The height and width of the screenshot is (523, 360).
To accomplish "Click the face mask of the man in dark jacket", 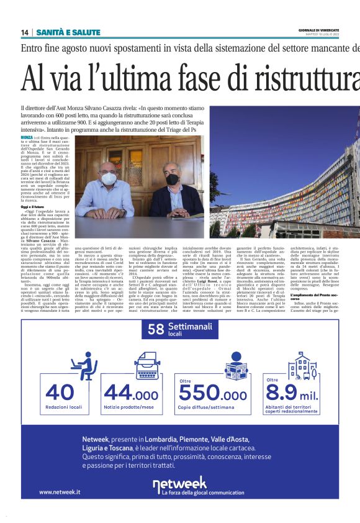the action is tap(172, 179).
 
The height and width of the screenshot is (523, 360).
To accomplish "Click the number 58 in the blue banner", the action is tap(156, 330).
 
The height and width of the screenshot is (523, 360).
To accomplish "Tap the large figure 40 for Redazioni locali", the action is tap(51, 393).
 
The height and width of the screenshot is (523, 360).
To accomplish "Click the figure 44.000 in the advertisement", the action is tap(130, 394).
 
